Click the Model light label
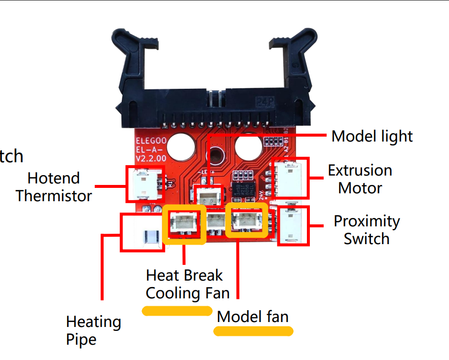pyautogui.click(x=372, y=136)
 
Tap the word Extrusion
pyautogui.click(x=360, y=171)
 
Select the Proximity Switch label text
pyautogui.click(x=367, y=230)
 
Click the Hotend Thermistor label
pyautogui.click(x=53, y=187)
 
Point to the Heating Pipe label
pyautogui.click(x=93, y=330)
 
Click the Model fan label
pyautogui.click(x=253, y=317)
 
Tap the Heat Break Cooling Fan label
pyautogui.click(x=187, y=284)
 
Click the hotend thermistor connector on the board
pyautogui.click(x=144, y=183)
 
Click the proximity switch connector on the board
pyautogui.click(x=292, y=226)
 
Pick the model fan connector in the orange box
pyautogui.click(x=247, y=220)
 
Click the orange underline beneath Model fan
pyautogui.click(x=253, y=331)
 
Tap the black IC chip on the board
pyautogui.click(x=245, y=189)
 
